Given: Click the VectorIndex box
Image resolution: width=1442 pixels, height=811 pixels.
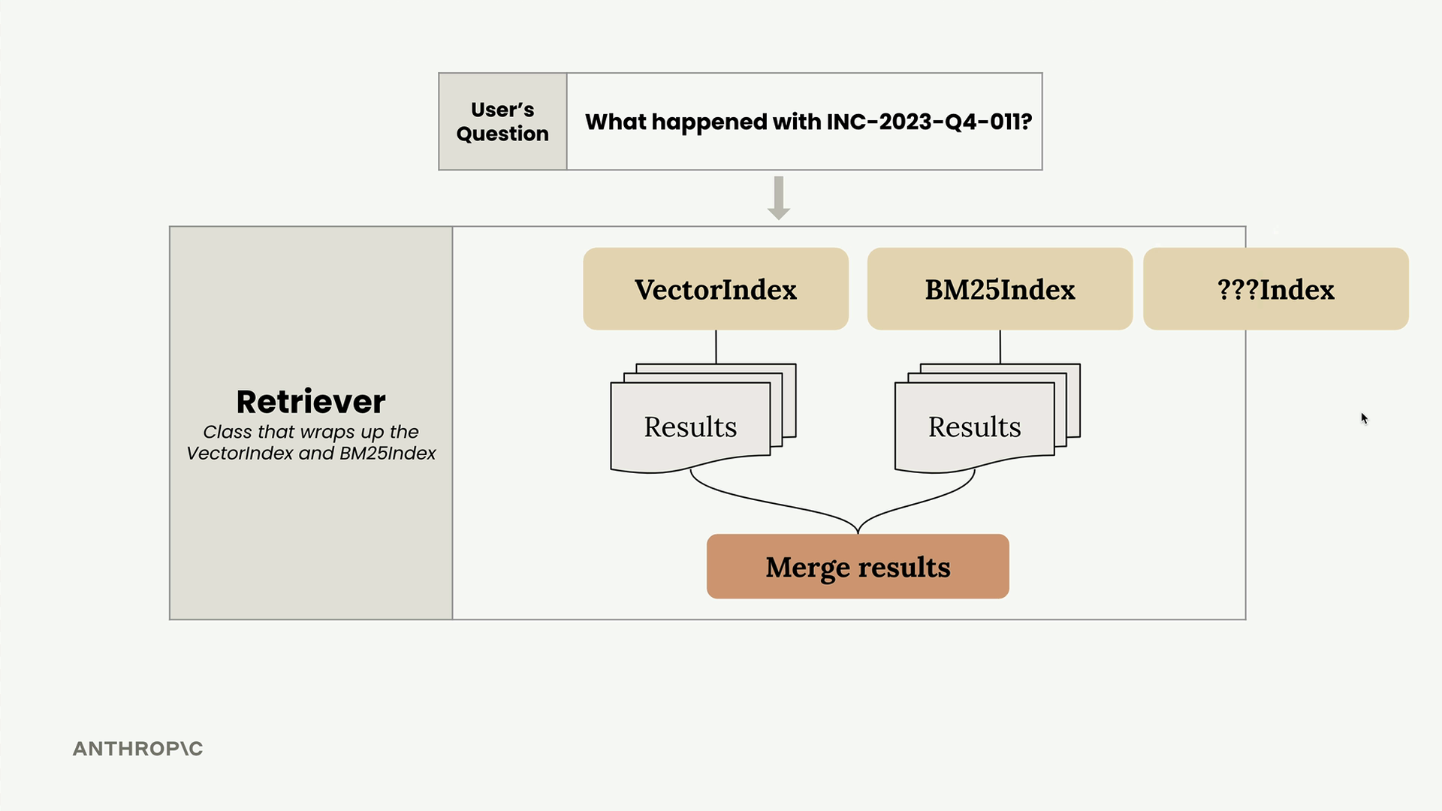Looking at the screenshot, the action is click(716, 289).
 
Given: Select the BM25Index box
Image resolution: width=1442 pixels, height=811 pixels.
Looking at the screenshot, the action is click(1000, 289).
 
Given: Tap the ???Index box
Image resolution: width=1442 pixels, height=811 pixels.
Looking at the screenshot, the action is click(1275, 289).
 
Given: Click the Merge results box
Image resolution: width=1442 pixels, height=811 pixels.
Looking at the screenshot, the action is click(858, 566).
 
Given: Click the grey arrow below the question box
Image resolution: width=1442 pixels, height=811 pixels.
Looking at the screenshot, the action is click(779, 198).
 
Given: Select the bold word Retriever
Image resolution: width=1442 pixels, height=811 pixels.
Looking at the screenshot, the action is click(311, 402).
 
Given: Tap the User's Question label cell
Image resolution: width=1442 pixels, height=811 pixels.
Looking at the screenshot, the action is click(502, 122).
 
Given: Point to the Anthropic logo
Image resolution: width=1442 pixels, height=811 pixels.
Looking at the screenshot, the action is click(137, 749).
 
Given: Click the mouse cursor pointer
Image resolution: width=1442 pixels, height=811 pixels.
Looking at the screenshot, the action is click(1365, 418).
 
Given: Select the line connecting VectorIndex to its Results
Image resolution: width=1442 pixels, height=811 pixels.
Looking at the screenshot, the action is click(716, 347).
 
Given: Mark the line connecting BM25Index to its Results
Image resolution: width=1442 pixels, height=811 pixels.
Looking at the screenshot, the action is click(1000, 347).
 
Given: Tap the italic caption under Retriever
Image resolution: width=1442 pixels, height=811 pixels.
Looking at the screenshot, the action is click(311, 442).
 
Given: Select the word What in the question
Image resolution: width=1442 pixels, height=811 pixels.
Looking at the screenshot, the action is click(615, 122).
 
